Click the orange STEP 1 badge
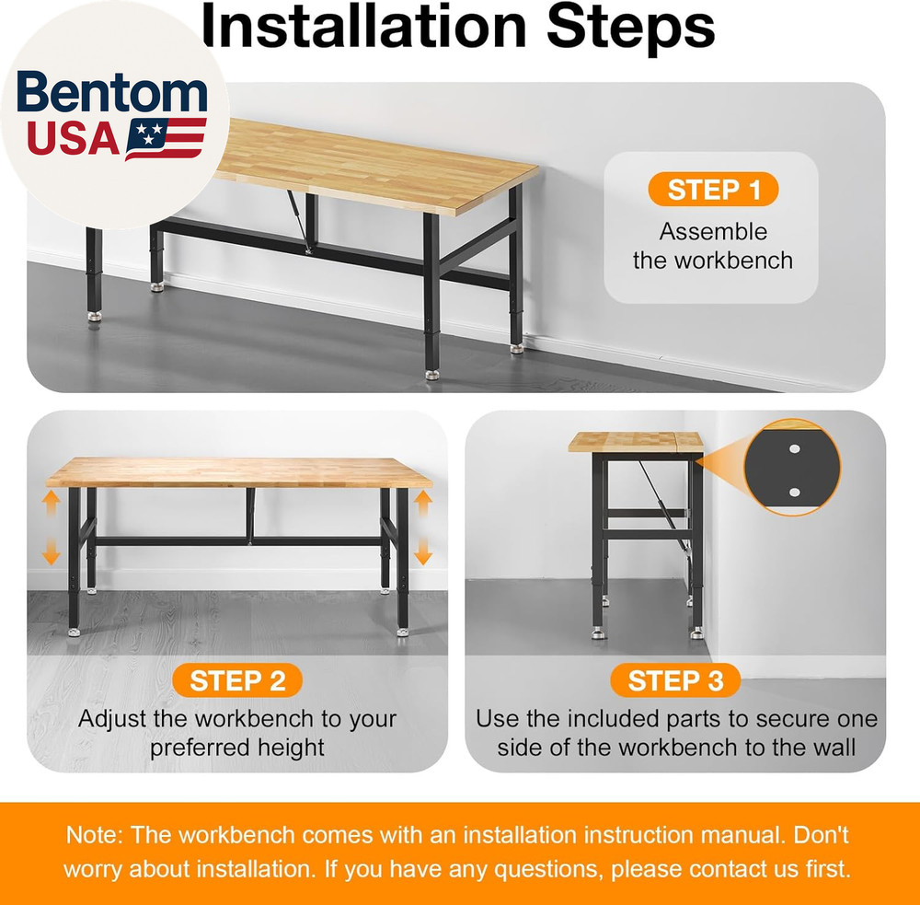click(713, 190)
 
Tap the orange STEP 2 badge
click(237, 681)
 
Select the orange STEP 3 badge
click(675, 681)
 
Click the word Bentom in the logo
click(112, 95)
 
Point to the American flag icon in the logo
click(166, 138)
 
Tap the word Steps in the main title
click(630, 28)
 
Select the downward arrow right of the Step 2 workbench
click(422, 552)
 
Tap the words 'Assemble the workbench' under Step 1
click(712, 246)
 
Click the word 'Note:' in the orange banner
click(95, 836)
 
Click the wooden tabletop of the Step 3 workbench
click(635, 441)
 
